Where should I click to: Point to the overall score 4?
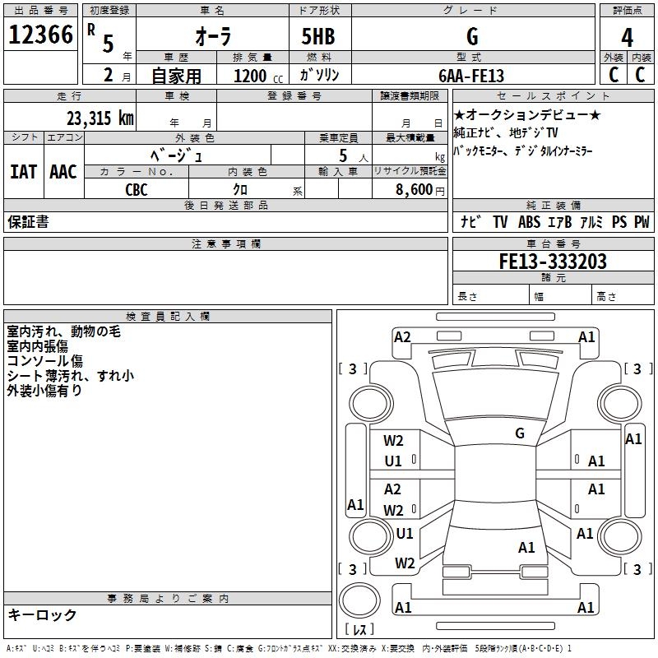[x=627, y=38]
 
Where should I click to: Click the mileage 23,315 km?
[x=100, y=118]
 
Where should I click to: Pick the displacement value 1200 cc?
[x=255, y=76]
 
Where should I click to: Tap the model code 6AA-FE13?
[x=471, y=76]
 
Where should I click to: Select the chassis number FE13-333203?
[x=553, y=262]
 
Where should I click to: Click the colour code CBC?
[x=137, y=189]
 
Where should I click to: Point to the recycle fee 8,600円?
[x=419, y=189]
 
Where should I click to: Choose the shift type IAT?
[x=23, y=172]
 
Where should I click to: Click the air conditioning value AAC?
[x=63, y=172]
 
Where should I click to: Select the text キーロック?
[x=43, y=615]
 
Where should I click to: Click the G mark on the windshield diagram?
[x=519, y=433]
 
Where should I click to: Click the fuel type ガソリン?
[x=320, y=76]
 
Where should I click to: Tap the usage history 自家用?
[x=176, y=76]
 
